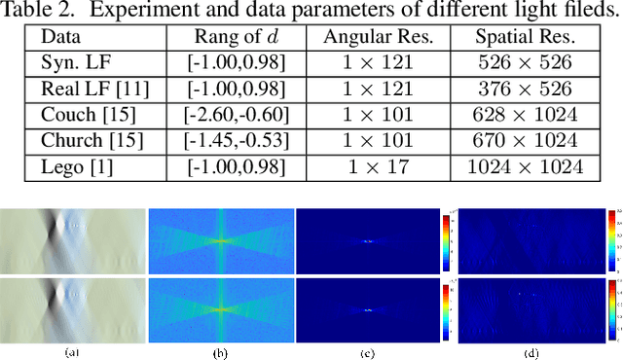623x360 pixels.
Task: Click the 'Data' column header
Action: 59,37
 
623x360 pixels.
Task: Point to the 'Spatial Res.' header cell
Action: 526,37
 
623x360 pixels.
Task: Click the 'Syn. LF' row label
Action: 72,63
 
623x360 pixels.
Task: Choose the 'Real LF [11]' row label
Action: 88,89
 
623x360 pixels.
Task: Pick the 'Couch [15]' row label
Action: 85,115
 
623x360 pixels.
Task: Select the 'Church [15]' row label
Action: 88,140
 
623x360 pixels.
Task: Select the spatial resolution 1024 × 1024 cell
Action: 526,166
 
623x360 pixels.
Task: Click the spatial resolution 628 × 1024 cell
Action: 526,115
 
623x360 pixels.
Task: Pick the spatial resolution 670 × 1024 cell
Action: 526,140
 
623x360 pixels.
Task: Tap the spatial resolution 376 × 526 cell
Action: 526,89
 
